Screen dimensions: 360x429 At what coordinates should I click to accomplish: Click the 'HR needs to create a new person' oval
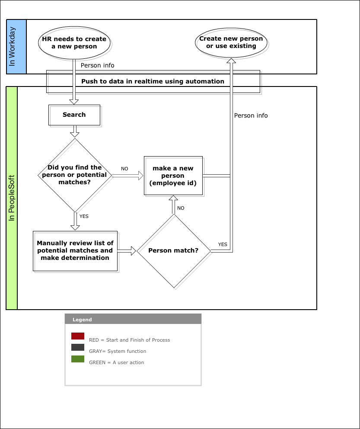(x=74, y=43)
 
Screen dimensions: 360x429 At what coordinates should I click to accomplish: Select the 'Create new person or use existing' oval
(x=231, y=42)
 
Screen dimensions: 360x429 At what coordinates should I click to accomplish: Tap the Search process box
(x=74, y=115)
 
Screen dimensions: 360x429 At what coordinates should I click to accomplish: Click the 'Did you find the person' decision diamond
(x=75, y=175)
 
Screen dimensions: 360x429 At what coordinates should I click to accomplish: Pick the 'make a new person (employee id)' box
(x=173, y=176)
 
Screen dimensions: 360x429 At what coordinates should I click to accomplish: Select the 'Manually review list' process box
(x=75, y=251)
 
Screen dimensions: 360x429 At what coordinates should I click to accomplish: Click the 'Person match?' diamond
(x=174, y=251)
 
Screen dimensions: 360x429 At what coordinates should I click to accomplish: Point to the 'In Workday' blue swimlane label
(x=16, y=47)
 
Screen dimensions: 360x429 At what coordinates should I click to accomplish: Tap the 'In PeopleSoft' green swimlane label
(x=12, y=198)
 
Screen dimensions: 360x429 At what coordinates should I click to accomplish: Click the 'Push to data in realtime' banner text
(x=153, y=81)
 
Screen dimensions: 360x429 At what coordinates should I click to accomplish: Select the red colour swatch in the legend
(x=78, y=336)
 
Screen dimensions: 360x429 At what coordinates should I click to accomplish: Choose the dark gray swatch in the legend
(x=78, y=347)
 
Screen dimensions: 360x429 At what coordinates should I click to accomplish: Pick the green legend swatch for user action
(x=78, y=359)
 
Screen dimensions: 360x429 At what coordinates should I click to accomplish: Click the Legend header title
(x=82, y=320)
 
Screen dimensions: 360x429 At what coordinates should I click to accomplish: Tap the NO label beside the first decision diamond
(x=124, y=169)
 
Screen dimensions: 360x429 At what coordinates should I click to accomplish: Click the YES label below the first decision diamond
(x=84, y=216)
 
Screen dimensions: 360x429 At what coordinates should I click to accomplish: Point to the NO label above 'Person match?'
(x=181, y=208)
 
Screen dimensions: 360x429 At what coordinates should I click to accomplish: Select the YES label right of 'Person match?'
(x=223, y=244)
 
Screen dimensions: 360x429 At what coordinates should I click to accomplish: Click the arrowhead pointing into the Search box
(x=74, y=102)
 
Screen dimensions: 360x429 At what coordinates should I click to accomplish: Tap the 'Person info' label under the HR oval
(x=98, y=65)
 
